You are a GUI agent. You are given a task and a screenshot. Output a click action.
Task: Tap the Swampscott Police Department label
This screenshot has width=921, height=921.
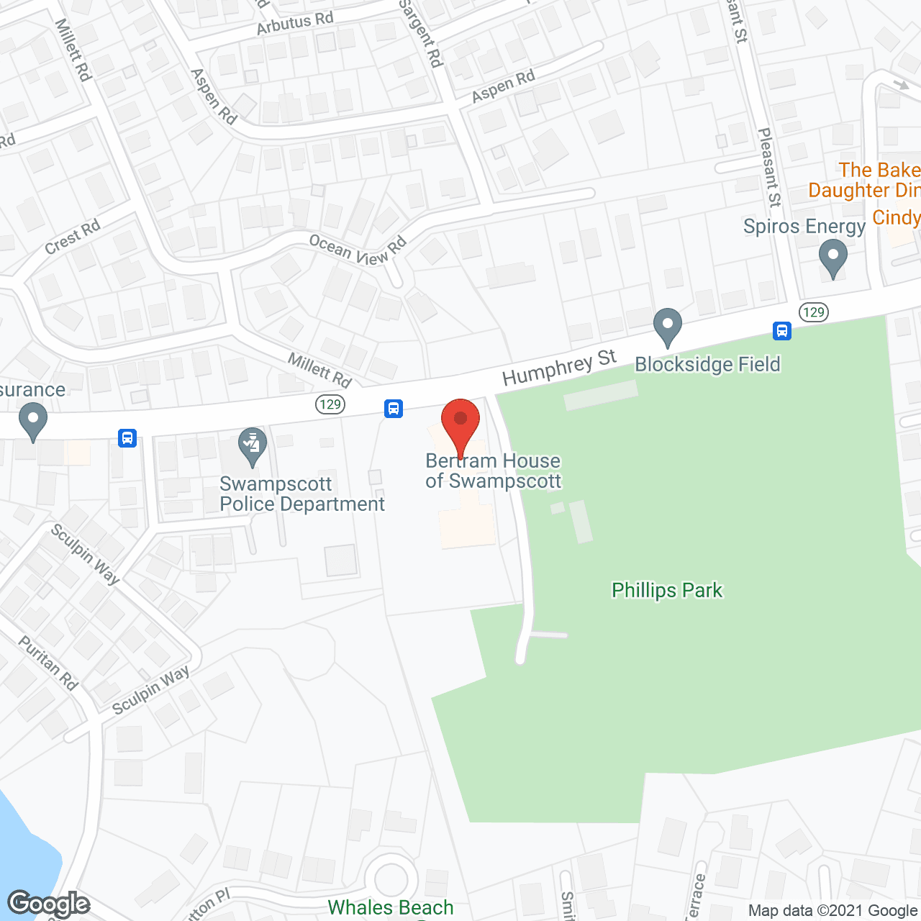(x=302, y=494)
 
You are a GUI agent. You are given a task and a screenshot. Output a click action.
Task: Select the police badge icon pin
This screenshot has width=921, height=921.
(x=252, y=448)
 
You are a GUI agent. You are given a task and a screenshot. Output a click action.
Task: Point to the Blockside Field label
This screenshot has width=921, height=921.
(x=707, y=365)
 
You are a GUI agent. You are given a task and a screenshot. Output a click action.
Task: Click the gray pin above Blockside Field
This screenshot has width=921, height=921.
(x=668, y=327)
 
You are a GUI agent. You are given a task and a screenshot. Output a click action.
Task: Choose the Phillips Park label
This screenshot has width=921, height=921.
(x=667, y=591)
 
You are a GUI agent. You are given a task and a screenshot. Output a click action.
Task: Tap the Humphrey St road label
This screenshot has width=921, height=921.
(x=559, y=367)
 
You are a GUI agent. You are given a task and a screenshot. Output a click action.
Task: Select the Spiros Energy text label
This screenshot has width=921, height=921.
(x=804, y=227)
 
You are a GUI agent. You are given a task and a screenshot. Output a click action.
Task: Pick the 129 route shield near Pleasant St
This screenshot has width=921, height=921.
(x=814, y=312)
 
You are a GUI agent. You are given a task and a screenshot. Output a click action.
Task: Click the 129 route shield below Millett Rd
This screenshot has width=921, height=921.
(x=330, y=404)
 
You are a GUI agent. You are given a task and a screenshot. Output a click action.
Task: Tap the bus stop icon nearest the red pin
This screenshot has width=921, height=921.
(x=393, y=409)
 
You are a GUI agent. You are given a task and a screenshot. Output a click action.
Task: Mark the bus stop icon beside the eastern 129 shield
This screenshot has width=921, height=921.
(x=782, y=331)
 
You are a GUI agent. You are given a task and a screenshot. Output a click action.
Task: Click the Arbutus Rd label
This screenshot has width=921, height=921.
(x=295, y=23)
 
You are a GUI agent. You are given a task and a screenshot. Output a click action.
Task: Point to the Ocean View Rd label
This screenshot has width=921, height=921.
(x=358, y=250)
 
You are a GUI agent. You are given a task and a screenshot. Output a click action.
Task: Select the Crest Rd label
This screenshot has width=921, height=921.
(x=72, y=237)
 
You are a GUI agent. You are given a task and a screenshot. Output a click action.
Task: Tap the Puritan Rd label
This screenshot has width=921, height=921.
(x=48, y=663)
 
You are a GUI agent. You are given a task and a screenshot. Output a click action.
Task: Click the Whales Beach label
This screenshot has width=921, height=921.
(x=391, y=908)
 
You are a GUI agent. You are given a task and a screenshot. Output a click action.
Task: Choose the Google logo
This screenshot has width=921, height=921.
(x=49, y=904)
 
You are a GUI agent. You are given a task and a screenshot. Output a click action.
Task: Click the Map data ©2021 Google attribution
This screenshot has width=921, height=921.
(x=833, y=911)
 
